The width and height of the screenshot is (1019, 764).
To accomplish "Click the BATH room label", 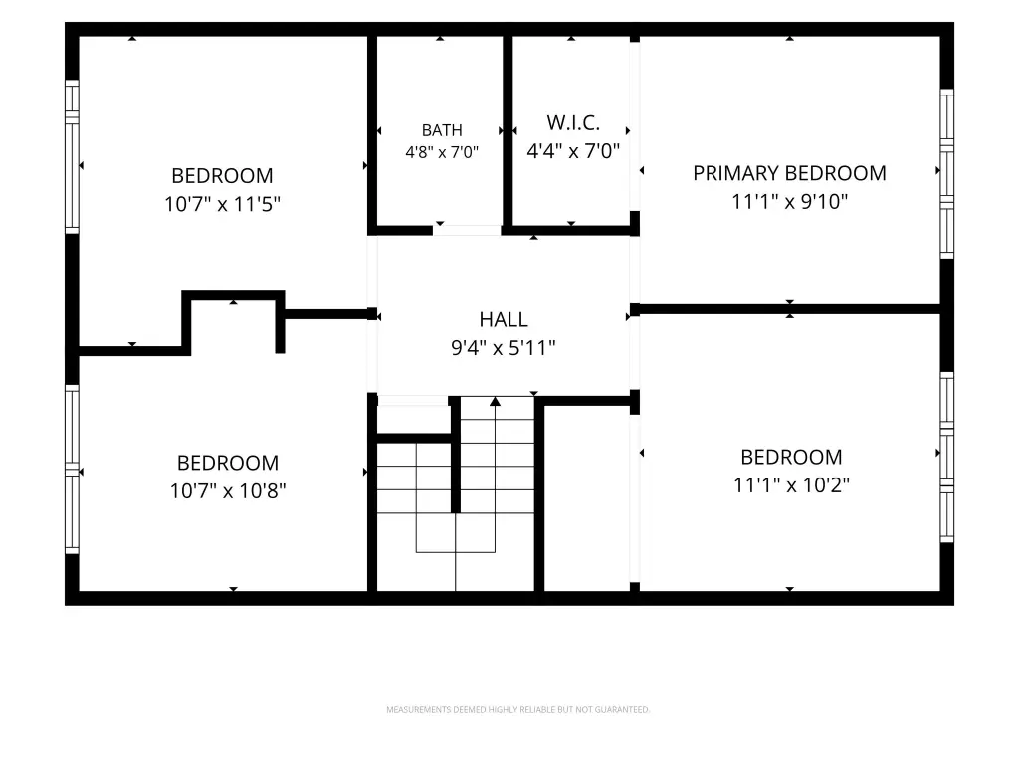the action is pyautogui.click(x=442, y=130).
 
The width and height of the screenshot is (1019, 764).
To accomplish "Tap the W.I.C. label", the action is pyautogui.click(x=573, y=122).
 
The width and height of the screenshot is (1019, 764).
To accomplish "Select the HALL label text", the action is pyautogui.click(x=504, y=319).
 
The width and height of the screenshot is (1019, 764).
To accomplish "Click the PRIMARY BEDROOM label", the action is pyautogui.click(x=789, y=173).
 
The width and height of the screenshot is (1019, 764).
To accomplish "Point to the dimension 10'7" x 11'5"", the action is pyautogui.click(x=222, y=204).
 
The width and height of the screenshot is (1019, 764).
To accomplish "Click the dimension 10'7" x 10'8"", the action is pyautogui.click(x=228, y=491).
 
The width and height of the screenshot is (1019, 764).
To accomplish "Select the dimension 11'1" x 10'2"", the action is pyautogui.click(x=791, y=485).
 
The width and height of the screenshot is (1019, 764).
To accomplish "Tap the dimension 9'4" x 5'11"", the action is pyautogui.click(x=504, y=348).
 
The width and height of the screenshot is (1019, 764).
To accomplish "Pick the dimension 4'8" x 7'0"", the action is pyautogui.click(x=442, y=152).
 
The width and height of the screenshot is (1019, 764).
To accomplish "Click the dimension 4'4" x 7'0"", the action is pyautogui.click(x=573, y=151).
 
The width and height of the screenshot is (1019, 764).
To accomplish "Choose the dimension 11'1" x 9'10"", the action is pyautogui.click(x=789, y=201).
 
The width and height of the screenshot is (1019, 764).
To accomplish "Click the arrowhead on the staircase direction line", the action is pyautogui.click(x=496, y=402).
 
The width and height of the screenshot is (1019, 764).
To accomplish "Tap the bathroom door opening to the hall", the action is pyautogui.click(x=468, y=230).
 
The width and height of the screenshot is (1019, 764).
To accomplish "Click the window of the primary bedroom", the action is pyautogui.click(x=947, y=173).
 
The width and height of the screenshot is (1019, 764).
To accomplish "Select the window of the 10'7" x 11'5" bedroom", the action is pyautogui.click(x=72, y=156).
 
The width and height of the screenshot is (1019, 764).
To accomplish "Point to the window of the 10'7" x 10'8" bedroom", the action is pyautogui.click(x=72, y=470).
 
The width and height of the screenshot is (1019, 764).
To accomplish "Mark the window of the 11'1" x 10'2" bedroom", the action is pyautogui.click(x=947, y=458).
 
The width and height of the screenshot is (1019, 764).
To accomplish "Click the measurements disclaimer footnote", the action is pyautogui.click(x=517, y=710).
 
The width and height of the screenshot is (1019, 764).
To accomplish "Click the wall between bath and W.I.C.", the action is pyautogui.click(x=508, y=131).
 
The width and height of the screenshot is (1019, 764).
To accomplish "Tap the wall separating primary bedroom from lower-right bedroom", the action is pyautogui.click(x=789, y=309).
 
